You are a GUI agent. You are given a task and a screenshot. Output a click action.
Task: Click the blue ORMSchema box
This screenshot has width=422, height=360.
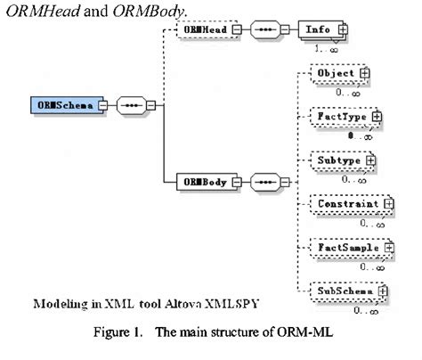[62, 105]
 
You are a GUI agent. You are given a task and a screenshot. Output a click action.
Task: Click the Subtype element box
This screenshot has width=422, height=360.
[337, 160]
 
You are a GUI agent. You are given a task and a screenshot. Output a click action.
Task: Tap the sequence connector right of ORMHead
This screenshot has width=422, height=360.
[266, 29]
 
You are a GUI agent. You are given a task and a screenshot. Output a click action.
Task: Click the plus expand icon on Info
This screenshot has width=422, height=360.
[342, 29]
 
